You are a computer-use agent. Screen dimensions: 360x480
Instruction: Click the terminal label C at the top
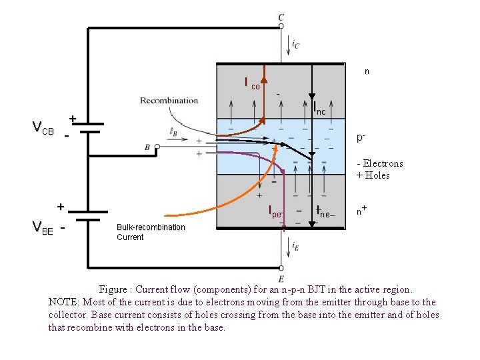(x=281, y=17)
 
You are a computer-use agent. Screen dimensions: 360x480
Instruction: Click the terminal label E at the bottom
(x=281, y=279)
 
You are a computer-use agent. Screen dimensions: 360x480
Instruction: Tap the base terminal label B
(x=147, y=147)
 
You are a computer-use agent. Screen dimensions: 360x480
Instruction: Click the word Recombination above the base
(x=169, y=101)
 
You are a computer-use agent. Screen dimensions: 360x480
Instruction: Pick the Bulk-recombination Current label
(x=151, y=232)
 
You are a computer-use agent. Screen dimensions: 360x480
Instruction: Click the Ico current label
(x=253, y=84)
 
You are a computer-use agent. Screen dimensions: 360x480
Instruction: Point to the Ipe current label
(x=275, y=213)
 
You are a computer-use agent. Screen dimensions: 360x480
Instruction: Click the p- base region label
(x=361, y=138)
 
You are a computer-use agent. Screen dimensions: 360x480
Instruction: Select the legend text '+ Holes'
(x=373, y=175)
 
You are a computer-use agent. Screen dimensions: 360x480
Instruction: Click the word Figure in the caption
(x=113, y=289)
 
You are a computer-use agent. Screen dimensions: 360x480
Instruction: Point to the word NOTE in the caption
(x=62, y=302)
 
